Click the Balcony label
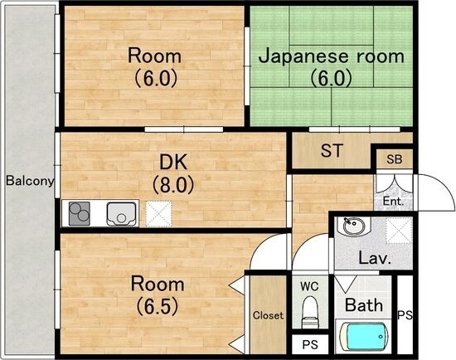[30, 180]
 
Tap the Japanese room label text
[332, 56]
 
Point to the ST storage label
[332, 151]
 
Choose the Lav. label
[374, 257]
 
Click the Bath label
[364, 304]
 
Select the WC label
[309, 286]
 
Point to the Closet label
[268, 315]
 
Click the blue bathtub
[364, 338]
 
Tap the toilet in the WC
[310, 314]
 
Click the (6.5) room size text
[158, 305]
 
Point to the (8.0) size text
[172, 184]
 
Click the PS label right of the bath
[405, 315]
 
